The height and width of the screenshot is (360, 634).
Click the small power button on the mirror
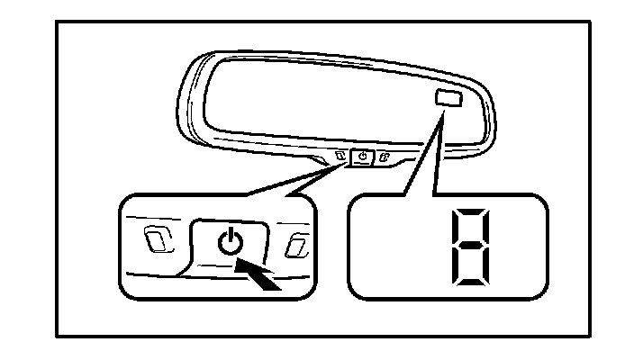click(x=362, y=156)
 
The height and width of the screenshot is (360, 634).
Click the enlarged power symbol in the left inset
click(x=231, y=242)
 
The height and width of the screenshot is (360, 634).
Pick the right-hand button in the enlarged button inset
click(x=296, y=245)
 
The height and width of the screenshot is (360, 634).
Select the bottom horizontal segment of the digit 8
click(x=466, y=276)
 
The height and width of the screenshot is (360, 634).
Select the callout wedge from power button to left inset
click(x=297, y=180)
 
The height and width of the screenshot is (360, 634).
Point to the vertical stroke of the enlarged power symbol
click(x=231, y=236)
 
